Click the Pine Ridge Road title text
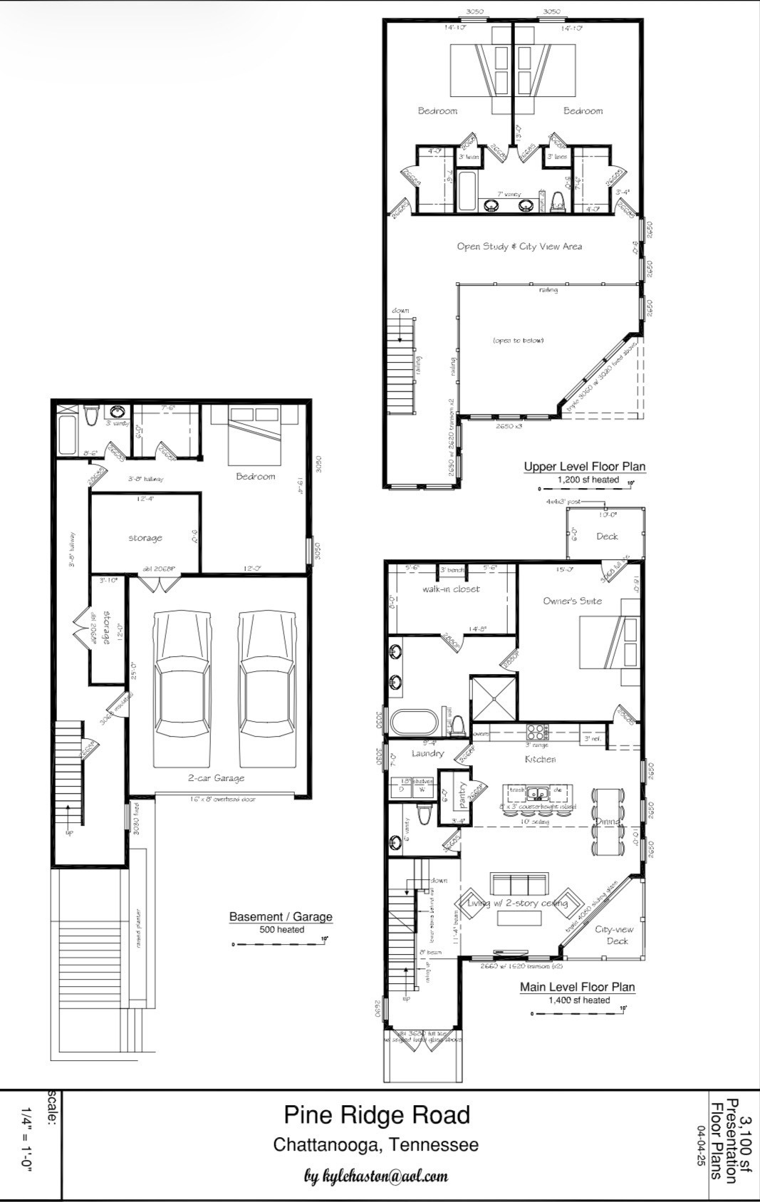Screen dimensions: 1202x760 point(377,1115)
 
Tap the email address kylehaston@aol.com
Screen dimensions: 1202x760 point(376,1175)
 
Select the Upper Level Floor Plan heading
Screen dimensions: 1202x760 point(584,467)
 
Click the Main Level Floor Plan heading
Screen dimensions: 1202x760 point(577,987)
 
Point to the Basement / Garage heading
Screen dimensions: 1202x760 point(281,916)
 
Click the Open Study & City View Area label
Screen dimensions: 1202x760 point(519,247)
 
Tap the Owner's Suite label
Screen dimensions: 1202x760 point(572,601)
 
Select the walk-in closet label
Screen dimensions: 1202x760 point(451,589)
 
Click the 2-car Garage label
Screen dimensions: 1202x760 point(216,778)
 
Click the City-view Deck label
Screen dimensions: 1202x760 point(614,935)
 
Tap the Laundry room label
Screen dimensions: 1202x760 point(427,753)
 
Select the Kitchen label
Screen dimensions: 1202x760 point(540,760)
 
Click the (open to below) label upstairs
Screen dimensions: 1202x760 point(518,341)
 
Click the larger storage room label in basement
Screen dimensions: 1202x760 point(145,538)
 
